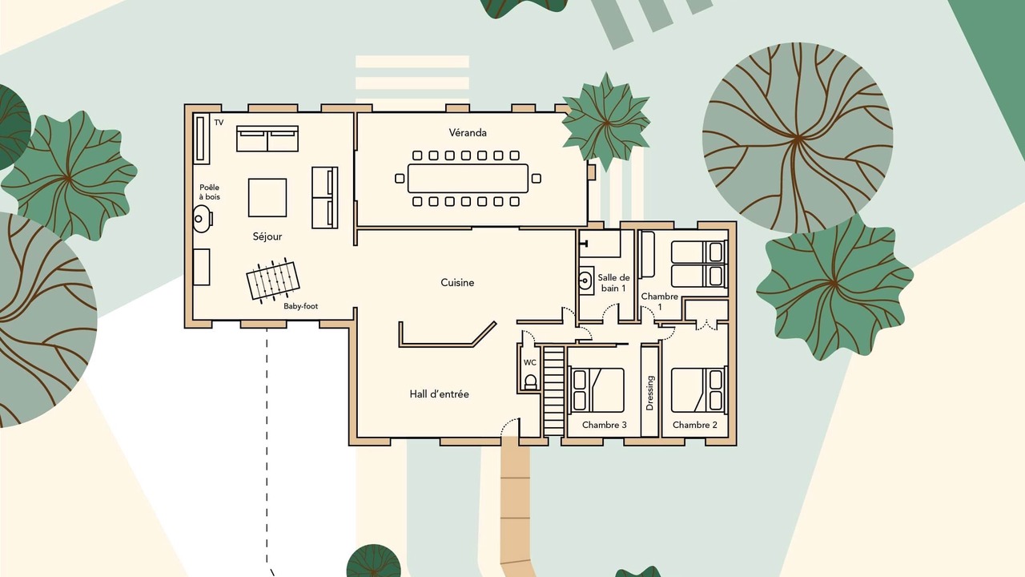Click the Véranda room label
pos(467,133)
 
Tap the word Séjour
pos(267,236)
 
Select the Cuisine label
pos(457,283)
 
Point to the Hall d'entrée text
pos(439,393)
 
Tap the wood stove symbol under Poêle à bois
pos(202,219)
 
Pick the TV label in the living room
pos(219,123)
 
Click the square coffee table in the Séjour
pos(267,197)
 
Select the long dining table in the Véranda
pos(468,178)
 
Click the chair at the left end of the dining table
pos(400,178)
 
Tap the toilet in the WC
pos(530,381)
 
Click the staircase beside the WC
pos(553,390)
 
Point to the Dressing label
pos(650,393)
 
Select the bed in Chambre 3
pos(597,390)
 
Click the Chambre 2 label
pos(694,425)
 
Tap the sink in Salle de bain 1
pos(585,280)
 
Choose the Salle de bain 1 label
pos(613,283)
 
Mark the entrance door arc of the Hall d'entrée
pos(508,426)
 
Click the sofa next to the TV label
pos(267,139)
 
